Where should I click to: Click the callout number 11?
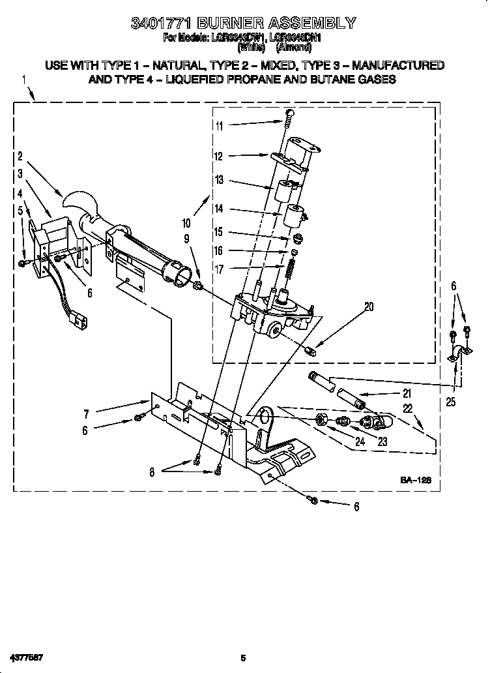click(x=220, y=126)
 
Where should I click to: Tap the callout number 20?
click(x=369, y=307)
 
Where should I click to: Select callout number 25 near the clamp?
click(x=451, y=402)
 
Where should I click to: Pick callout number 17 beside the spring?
click(x=220, y=268)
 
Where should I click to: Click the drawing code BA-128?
click(x=416, y=480)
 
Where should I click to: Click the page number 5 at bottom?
click(x=243, y=657)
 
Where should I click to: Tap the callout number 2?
click(x=21, y=157)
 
